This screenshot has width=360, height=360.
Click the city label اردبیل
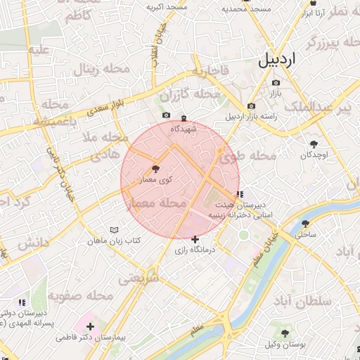288,59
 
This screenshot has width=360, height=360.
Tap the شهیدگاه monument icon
184,118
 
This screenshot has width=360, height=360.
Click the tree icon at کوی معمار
155,169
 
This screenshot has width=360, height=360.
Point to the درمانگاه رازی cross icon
195,239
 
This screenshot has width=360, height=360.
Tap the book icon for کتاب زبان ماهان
115,230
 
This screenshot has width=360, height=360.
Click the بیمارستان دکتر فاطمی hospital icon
91,326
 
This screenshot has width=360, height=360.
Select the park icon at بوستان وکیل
284,333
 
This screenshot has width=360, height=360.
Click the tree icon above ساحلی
305,224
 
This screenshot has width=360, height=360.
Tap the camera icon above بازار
276,83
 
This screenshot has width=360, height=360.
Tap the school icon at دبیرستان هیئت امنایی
240,194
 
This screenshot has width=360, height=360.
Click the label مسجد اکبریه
167,7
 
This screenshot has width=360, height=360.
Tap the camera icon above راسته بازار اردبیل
251,106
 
